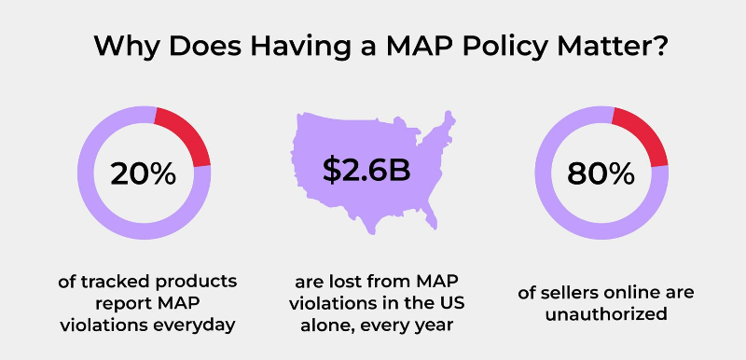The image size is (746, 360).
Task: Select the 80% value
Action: pyautogui.click(x=601, y=173)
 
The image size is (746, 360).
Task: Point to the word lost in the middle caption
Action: pyautogui.click(x=351, y=282)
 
